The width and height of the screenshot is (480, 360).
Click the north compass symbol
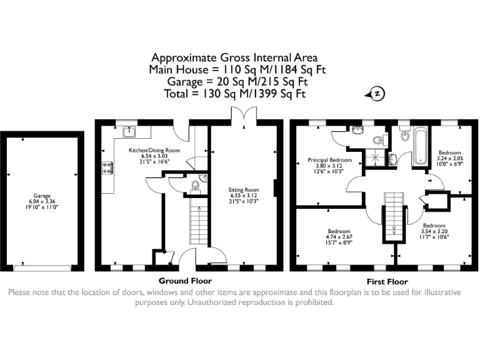[x=377, y=94]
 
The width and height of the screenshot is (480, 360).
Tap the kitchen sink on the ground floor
[x=129, y=132]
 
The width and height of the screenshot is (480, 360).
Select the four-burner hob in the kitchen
[x=107, y=167]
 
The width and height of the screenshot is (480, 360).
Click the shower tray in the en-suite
[x=376, y=158]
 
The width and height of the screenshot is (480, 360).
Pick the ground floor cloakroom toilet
[x=195, y=185]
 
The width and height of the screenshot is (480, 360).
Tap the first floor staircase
[x=394, y=214]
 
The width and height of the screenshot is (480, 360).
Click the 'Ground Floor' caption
[x=185, y=281]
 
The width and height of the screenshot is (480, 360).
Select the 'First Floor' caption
[x=381, y=281]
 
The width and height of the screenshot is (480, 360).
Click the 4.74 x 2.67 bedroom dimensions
[x=338, y=237]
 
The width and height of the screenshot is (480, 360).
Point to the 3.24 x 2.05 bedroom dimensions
[x=449, y=159]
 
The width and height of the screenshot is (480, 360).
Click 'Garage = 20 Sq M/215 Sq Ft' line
[x=237, y=82]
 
